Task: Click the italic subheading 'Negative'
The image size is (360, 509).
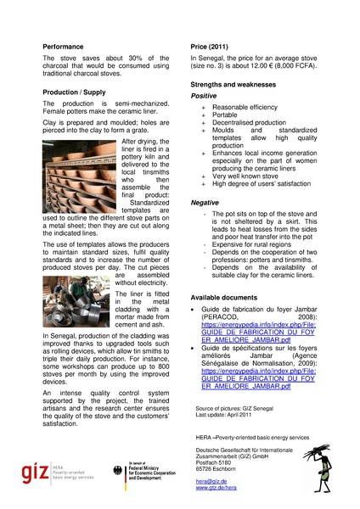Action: coord(205,203)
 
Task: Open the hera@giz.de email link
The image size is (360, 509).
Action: coord(209,479)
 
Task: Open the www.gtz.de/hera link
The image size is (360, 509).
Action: coord(216,489)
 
